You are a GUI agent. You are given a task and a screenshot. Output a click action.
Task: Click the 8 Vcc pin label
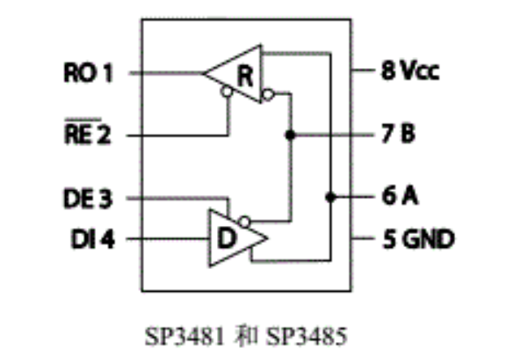[410, 72]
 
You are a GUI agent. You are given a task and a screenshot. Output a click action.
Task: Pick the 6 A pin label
[398, 197]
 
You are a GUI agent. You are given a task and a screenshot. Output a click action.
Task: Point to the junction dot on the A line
[330, 197]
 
